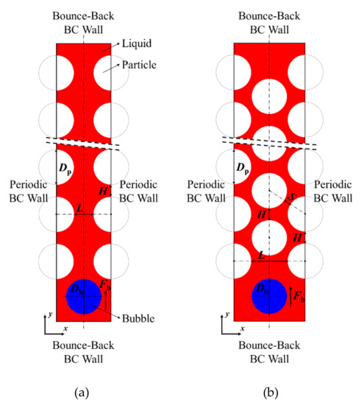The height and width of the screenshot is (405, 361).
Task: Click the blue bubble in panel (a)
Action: pyautogui.click(x=83, y=296)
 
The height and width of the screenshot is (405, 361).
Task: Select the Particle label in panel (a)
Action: pyautogui.click(x=130, y=65)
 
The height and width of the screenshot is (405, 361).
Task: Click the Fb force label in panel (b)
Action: pyautogui.click(x=299, y=296)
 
